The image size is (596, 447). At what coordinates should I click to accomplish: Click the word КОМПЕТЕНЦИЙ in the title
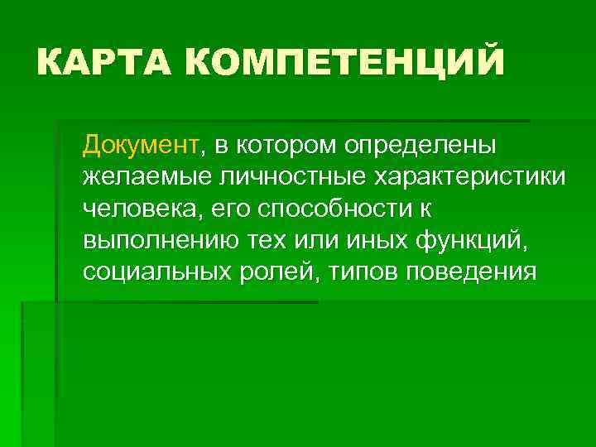344,62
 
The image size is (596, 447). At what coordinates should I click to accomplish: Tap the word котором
286,146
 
